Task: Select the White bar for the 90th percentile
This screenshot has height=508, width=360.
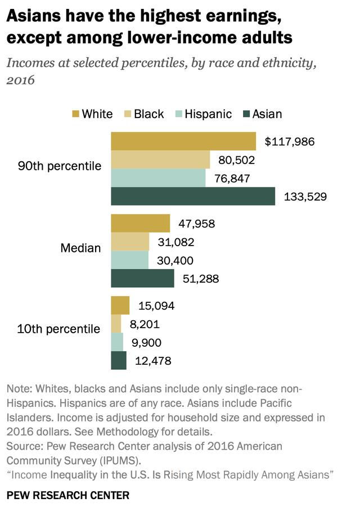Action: click(183, 141)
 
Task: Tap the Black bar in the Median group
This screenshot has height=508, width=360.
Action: click(130, 242)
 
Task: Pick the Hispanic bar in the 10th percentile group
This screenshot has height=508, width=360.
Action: click(117, 342)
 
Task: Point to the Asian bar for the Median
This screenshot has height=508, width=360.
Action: click(142, 278)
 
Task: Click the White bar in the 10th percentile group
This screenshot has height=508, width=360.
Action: click(120, 306)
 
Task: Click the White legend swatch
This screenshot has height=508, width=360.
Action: click(76, 114)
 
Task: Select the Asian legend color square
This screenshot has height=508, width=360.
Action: click(246, 114)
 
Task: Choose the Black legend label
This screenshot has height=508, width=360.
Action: click(148, 114)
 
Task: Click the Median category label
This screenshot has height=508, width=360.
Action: click(81, 248)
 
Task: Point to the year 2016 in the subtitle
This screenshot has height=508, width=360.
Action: click(20, 80)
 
